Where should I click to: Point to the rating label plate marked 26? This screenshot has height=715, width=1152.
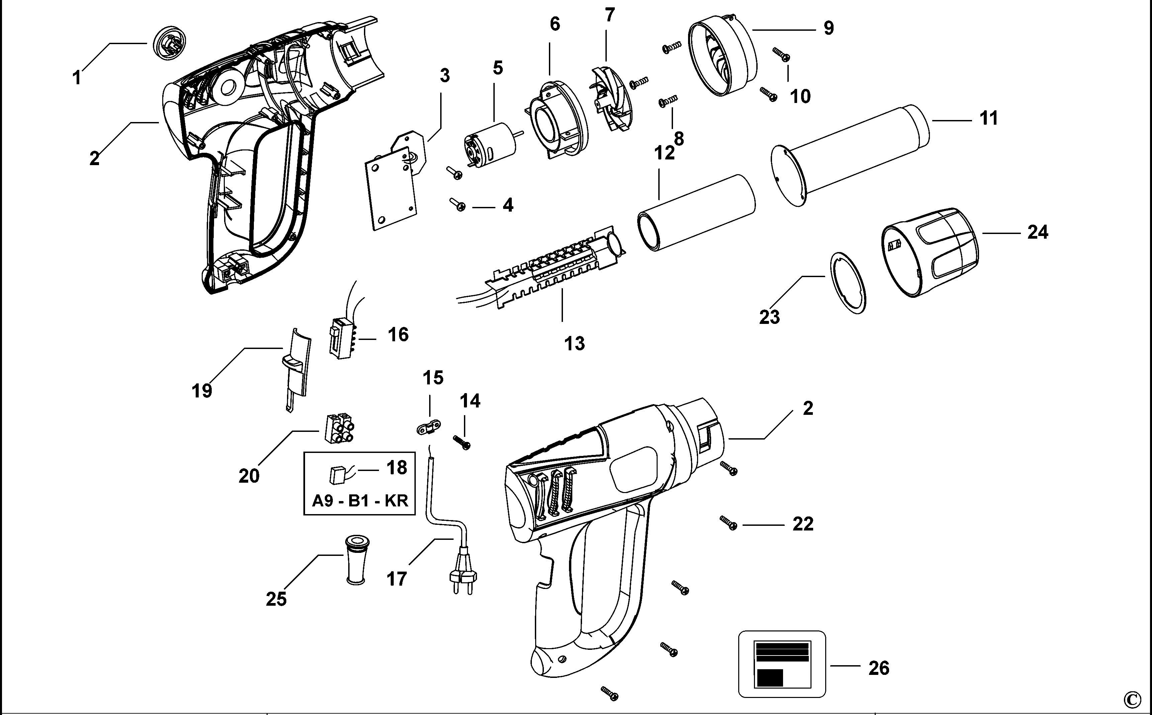coord(782,664)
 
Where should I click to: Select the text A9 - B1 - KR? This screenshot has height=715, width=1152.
coord(360,500)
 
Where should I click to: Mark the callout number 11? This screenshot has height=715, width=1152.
coord(989,118)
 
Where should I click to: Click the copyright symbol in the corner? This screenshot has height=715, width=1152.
coord(1137,699)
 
